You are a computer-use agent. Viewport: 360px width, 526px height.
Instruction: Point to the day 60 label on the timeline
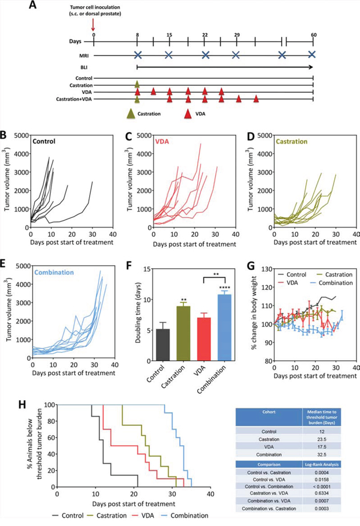coord(313,34)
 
